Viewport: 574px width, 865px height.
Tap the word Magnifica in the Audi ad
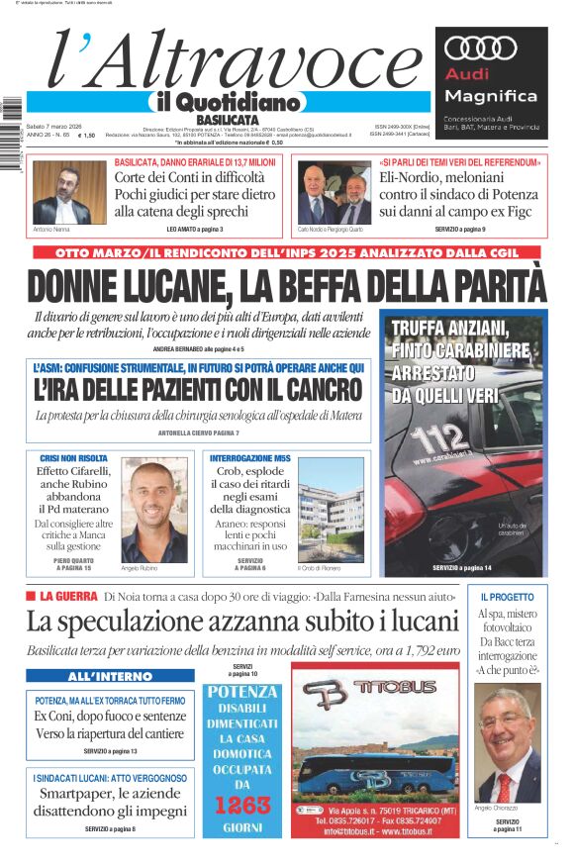491,96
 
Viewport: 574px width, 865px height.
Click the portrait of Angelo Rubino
153,511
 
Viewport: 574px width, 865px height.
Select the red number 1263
243,805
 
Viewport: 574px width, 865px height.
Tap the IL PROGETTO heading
507,598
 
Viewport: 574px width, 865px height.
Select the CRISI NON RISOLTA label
73,458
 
